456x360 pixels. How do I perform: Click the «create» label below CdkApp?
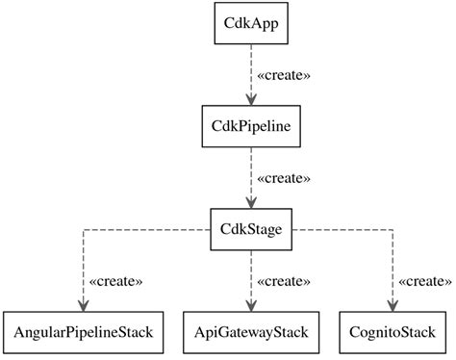(x=285, y=74)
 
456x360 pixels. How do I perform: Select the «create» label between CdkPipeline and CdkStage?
(x=285, y=178)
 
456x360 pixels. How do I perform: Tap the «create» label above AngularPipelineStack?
(x=115, y=281)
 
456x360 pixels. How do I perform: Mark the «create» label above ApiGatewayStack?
(x=285, y=281)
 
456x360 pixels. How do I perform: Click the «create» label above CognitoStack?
(x=424, y=281)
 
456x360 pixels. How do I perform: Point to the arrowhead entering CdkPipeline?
(x=251, y=99)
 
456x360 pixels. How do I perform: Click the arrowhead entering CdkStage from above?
(x=251, y=203)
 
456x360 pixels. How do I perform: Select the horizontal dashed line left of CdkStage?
(x=144, y=230)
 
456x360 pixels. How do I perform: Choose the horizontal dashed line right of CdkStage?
(x=346, y=230)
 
